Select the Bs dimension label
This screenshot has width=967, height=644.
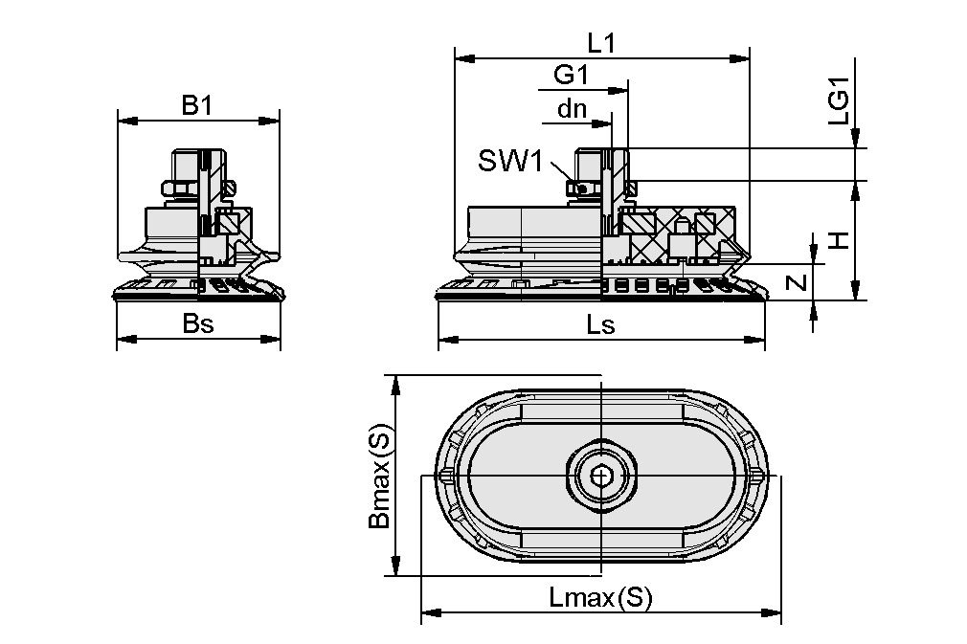[x=198, y=323]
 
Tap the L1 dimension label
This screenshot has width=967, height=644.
[x=601, y=43]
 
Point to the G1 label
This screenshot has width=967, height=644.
[x=572, y=76]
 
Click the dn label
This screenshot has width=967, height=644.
[x=572, y=109]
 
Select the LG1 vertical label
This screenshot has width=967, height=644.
[x=839, y=105]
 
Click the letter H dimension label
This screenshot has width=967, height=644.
[x=839, y=239]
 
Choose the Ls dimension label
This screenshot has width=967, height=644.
[x=600, y=324]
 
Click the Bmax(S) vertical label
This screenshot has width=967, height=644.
[x=379, y=476]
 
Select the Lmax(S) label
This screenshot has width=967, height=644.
[x=600, y=599]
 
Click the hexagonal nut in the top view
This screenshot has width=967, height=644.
[x=600, y=475]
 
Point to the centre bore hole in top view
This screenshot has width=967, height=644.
[x=600, y=475]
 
